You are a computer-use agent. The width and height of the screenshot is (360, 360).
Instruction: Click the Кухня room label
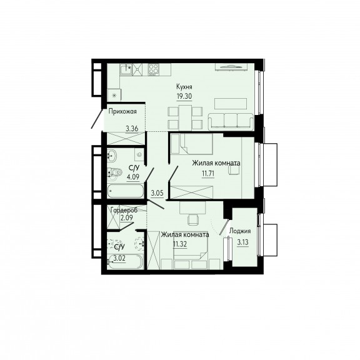tap(184, 87)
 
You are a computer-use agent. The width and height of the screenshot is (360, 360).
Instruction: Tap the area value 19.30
tap(184, 96)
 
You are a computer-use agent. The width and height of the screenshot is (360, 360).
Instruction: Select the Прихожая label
tap(122, 112)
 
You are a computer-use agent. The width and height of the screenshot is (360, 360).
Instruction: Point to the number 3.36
tap(132, 129)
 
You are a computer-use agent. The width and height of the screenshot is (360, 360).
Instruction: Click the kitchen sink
tap(126, 69)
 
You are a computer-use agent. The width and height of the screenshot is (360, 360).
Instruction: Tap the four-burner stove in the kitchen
tap(154, 69)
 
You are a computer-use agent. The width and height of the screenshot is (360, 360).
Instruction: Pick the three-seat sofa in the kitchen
tap(231, 121)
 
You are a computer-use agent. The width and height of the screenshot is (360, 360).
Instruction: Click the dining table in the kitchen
tap(185, 117)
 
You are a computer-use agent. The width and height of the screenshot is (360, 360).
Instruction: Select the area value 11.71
tap(208, 174)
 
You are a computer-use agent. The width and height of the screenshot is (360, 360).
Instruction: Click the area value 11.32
tap(180, 244)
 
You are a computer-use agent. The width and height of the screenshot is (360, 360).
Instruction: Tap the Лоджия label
tap(240, 231)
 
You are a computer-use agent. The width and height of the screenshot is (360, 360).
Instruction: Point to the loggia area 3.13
tap(242, 242)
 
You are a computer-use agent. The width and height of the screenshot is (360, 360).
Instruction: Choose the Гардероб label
tap(124, 210)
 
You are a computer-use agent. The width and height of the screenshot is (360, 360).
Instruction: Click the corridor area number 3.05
tap(157, 193)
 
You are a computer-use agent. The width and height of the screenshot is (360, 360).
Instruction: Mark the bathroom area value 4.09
tap(133, 177)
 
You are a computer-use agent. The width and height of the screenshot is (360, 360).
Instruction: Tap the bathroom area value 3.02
tap(119, 259)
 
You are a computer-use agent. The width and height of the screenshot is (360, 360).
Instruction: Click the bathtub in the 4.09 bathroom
tap(126, 191)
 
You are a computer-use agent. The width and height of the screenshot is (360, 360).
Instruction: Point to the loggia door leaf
tap(224, 227)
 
